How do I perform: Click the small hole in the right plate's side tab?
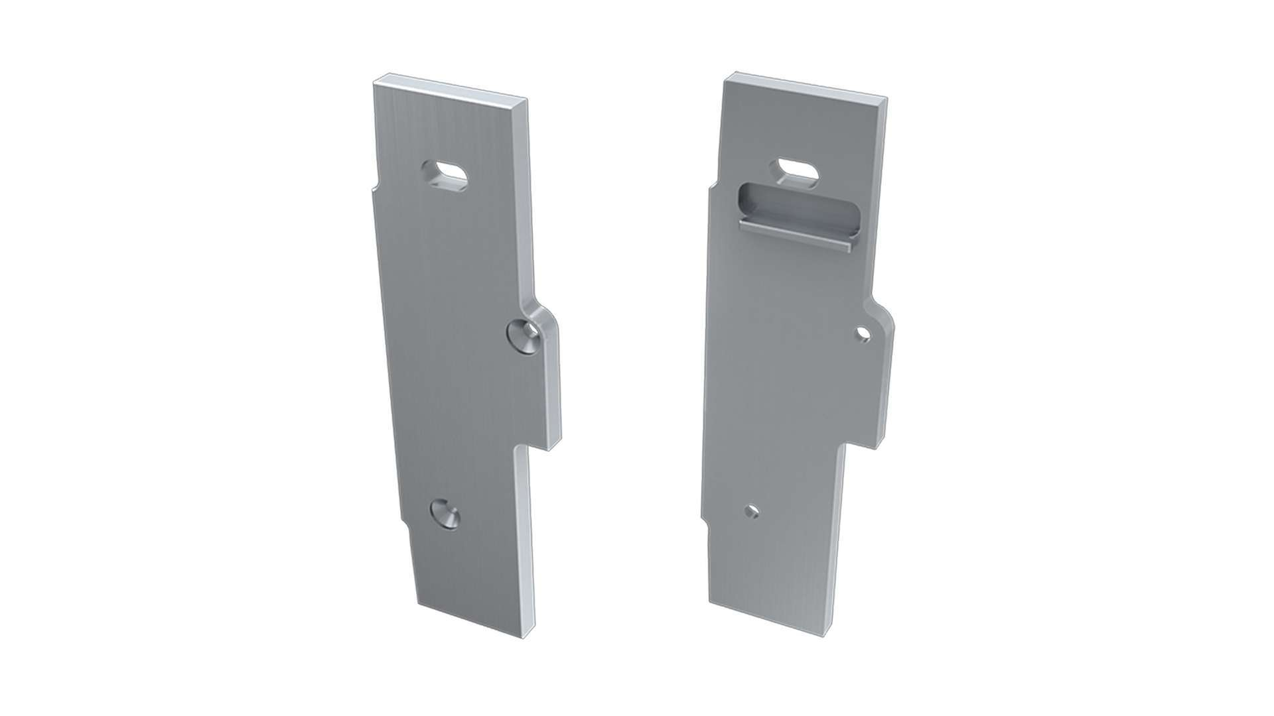(x=863, y=333)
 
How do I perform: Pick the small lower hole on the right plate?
(x=752, y=512)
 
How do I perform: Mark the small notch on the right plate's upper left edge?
(x=713, y=186)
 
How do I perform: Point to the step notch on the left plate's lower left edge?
(x=405, y=524)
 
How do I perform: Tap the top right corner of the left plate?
(x=527, y=101)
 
